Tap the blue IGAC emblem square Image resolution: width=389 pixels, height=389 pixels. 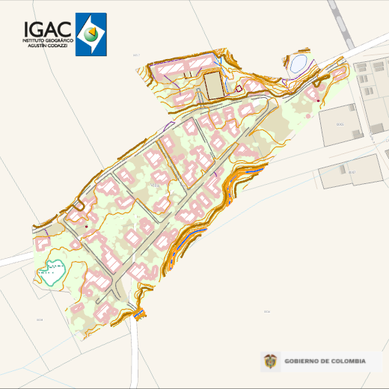click(91, 34)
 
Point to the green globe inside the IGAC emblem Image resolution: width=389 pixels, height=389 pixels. click(91, 34)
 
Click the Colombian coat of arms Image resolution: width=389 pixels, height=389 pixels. click(269, 362)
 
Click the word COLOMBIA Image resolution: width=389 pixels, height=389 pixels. click(349, 361)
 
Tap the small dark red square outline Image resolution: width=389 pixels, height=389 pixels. click(239, 89)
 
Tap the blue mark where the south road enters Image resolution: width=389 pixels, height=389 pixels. click(139, 313)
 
